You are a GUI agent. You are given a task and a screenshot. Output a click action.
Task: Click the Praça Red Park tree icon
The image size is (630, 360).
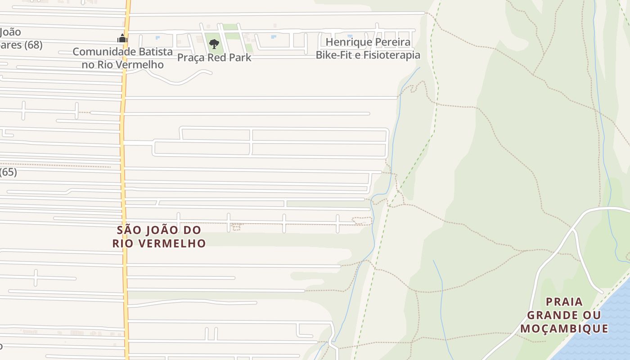click(x=214, y=44)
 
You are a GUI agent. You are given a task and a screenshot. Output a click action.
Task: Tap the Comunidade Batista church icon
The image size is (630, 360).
click(x=122, y=39)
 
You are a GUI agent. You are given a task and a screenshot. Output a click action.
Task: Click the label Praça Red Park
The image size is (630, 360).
click(x=214, y=58)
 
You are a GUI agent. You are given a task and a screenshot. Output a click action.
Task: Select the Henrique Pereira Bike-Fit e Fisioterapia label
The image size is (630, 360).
click(x=368, y=49)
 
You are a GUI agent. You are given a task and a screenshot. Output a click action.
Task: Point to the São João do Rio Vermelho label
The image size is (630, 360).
click(x=159, y=237)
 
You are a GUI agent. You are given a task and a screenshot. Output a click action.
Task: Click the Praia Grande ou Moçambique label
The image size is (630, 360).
click(x=564, y=315)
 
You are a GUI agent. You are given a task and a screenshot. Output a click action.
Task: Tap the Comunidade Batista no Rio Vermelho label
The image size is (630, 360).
click(x=122, y=58)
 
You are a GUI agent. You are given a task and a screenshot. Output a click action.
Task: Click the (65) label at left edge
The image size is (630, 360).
click(x=8, y=172)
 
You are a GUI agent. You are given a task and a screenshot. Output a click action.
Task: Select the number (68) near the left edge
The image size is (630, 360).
click(x=33, y=45)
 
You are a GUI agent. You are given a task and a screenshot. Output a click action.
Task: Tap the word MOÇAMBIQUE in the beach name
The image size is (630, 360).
click(x=564, y=328)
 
